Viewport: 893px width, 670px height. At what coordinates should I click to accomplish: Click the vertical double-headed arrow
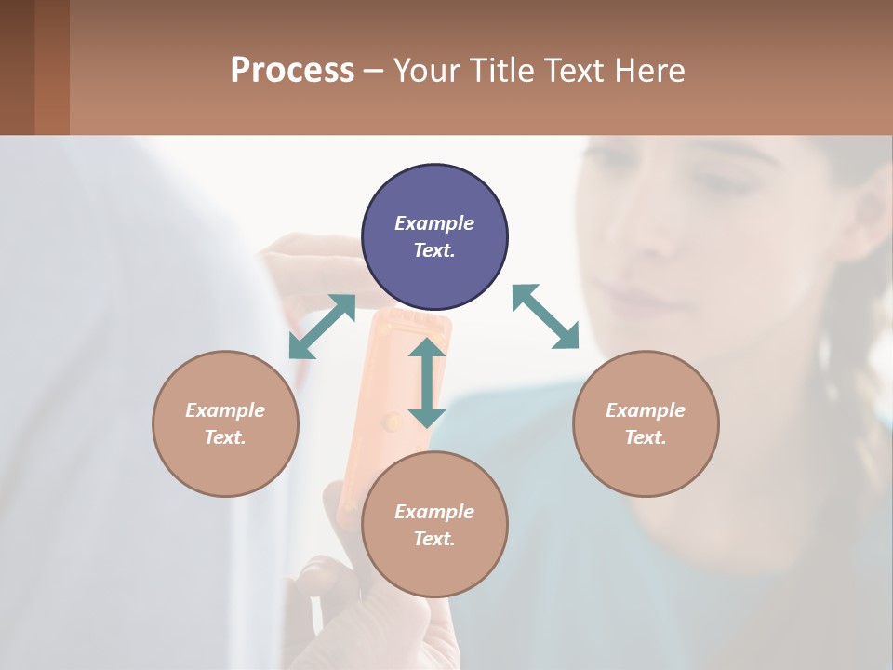point(427,382)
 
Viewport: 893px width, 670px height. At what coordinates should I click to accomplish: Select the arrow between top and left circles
point(322,327)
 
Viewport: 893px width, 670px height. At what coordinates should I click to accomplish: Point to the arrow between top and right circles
point(545,316)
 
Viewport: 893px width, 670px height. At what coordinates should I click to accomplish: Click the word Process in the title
point(292,70)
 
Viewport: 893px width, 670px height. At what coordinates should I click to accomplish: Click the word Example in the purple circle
point(434,223)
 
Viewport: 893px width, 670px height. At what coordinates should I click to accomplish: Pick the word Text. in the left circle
point(225,437)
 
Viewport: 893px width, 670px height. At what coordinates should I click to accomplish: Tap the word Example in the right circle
point(646,410)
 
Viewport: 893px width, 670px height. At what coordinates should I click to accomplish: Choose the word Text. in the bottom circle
point(434,539)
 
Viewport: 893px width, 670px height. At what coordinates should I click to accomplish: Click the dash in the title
point(374,71)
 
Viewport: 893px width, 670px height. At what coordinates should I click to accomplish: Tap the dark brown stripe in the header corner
point(17,67)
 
